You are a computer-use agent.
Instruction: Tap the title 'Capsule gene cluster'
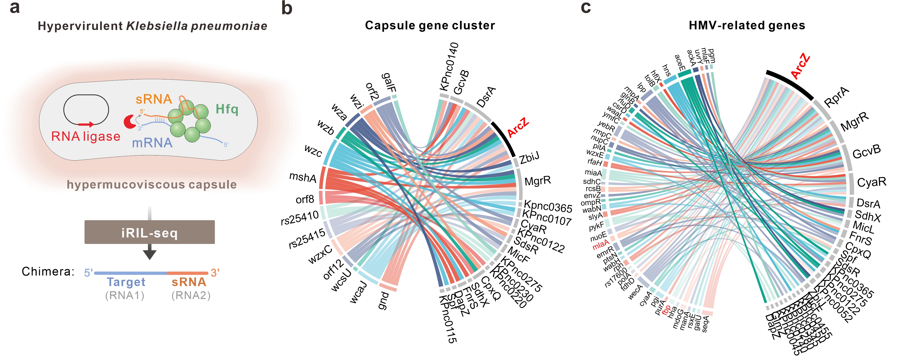430,26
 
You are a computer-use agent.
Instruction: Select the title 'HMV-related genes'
747,26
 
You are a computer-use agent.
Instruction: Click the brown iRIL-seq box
150,232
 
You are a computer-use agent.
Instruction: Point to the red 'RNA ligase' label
86,136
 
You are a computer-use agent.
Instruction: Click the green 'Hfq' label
227,109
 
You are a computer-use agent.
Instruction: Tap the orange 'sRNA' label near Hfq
154,99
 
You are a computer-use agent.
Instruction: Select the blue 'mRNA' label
152,143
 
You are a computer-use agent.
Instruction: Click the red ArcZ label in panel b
518,127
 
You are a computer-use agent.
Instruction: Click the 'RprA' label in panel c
836,97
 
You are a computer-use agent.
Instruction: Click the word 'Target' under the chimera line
126,282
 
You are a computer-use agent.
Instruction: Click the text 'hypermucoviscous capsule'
152,185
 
